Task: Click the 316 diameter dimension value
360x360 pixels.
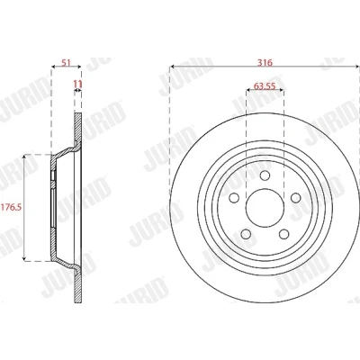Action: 265,63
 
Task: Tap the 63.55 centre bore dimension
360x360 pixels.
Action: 265,86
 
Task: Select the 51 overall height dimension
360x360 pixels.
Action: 66,63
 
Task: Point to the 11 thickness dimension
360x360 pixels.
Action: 77,85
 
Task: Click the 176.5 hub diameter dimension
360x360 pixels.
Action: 12,207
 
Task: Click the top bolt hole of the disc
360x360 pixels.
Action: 265,175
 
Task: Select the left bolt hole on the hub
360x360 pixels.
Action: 234,198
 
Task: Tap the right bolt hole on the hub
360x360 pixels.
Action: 296,198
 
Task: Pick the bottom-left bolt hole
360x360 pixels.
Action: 246,234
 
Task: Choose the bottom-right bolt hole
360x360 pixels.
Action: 283,234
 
